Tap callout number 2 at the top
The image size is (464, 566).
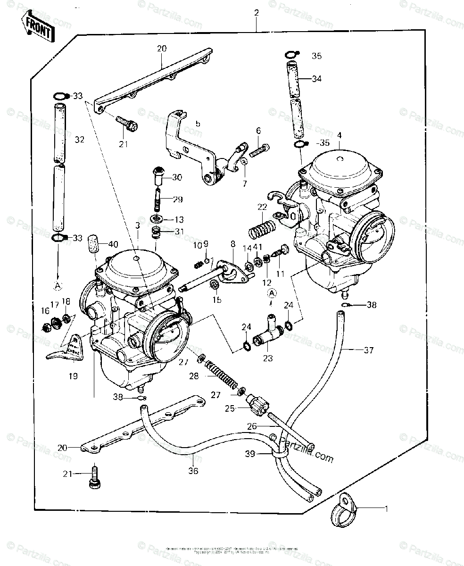tap(257, 13)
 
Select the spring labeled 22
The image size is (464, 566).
tap(260, 227)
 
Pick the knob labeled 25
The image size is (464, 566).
tap(258, 405)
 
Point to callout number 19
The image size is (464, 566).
tap(75, 376)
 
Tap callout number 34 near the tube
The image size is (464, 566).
tap(316, 78)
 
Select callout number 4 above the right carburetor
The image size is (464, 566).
tap(339, 135)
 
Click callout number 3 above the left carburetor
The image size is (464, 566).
tap(137, 227)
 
